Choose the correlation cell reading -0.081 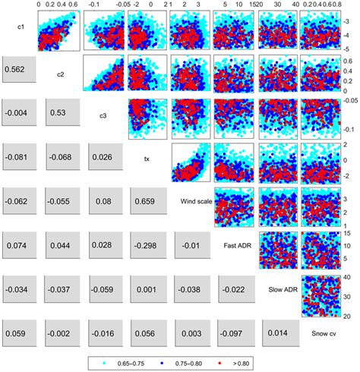coord(18,159)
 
